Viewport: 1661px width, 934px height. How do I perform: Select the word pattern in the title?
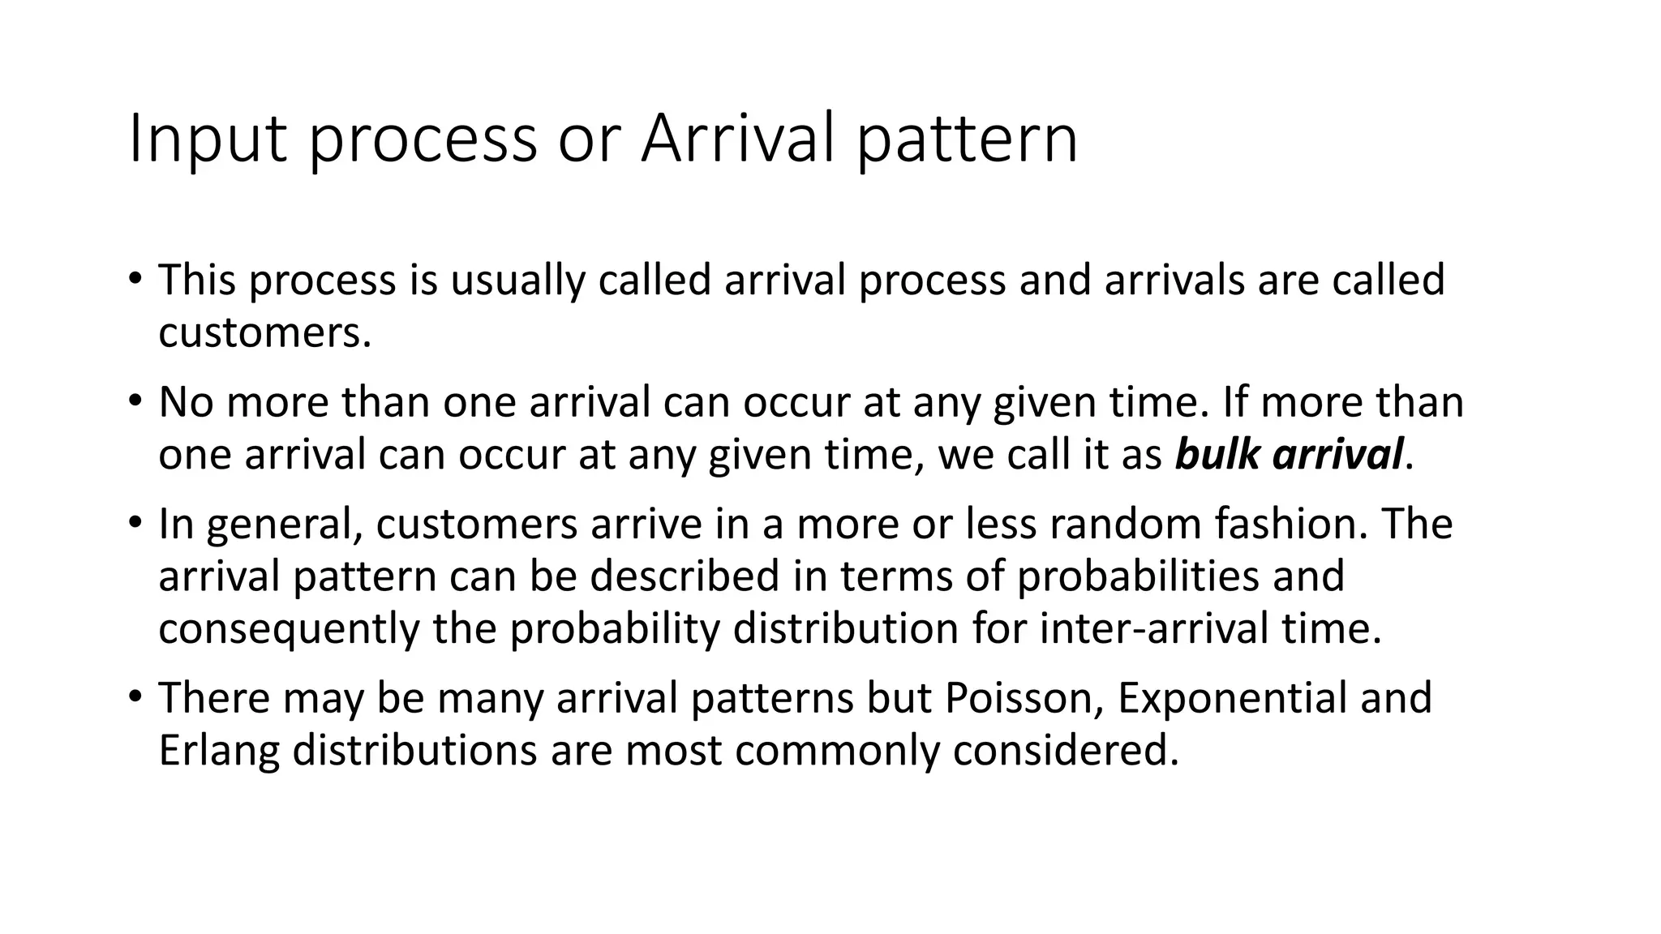[x=968, y=140]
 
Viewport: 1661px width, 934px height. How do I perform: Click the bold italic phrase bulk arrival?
[x=1289, y=454]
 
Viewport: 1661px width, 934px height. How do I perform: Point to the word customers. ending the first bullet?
[x=264, y=332]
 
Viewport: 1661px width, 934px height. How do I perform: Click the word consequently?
[x=288, y=628]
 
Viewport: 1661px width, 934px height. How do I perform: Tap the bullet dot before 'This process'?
[x=135, y=279]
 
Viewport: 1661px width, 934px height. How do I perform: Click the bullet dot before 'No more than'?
[x=135, y=401]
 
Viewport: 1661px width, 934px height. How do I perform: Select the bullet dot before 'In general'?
[x=135, y=523]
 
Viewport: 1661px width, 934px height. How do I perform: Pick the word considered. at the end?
[x=1065, y=751]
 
